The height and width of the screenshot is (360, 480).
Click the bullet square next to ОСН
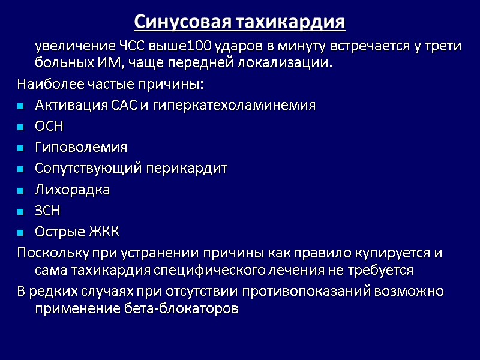point(21,127)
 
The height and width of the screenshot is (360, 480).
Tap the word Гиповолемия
point(81,147)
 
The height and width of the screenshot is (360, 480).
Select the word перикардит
point(192,168)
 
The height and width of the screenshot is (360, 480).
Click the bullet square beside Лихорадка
point(21,191)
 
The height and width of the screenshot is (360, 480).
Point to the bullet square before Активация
point(21,106)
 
